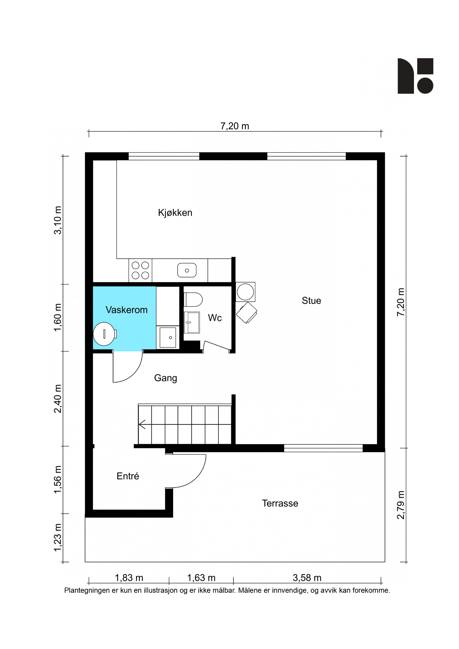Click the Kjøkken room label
(x=175, y=213)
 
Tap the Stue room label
(x=311, y=300)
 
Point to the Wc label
(x=215, y=318)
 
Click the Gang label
(x=165, y=378)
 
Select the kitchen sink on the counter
(x=187, y=270)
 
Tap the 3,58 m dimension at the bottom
(x=307, y=578)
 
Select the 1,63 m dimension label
(x=201, y=578)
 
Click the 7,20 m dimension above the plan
(x=235, y=126)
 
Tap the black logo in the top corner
(x=415, y=76)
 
